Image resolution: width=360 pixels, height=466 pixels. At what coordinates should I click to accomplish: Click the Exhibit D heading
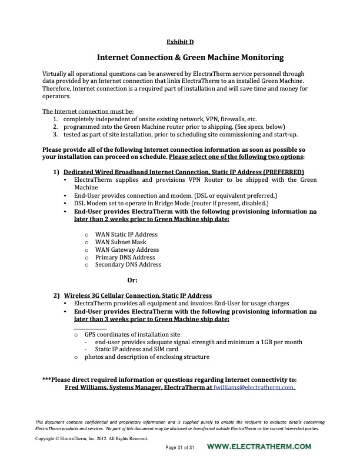181,41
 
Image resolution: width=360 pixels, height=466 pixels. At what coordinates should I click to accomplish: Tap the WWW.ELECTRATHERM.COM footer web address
259,448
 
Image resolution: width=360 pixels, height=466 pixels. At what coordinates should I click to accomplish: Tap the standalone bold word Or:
132,280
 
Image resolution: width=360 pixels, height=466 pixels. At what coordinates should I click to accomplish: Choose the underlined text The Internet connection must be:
88,111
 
